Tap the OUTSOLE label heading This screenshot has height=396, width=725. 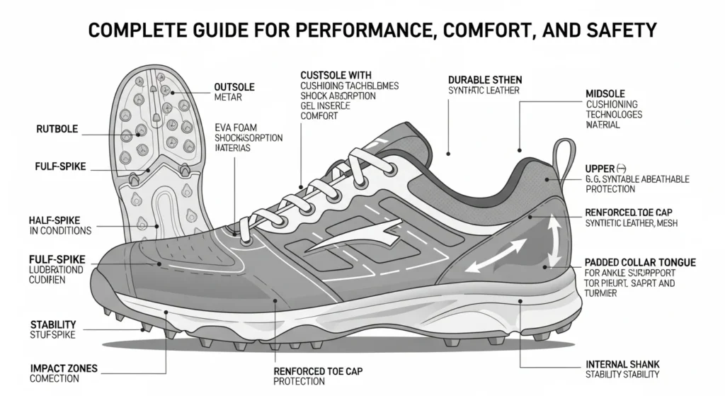click(234, 87)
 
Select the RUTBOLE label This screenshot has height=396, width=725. click(57, 130)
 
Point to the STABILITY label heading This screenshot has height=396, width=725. click(53, 325)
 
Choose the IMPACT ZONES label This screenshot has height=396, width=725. click(63, 369)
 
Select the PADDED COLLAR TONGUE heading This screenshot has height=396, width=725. click(640, 262)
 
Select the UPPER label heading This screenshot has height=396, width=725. click(600, 169)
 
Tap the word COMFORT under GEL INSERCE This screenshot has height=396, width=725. click(319, 116)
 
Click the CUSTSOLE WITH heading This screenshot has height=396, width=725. click(336, 75)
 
